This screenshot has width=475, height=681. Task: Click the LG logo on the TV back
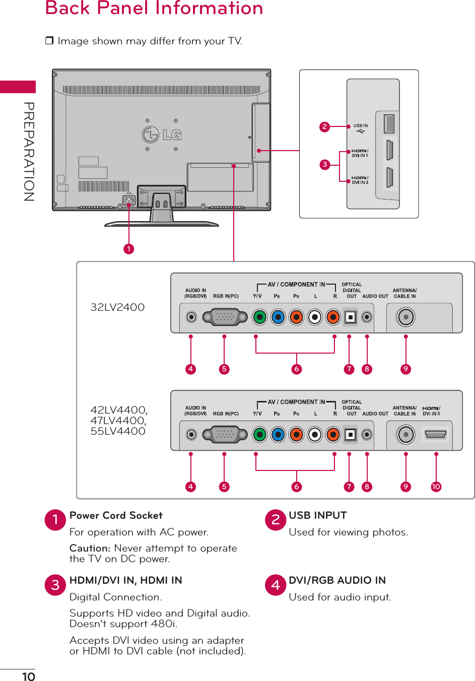162,134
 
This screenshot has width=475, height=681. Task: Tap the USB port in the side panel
389,124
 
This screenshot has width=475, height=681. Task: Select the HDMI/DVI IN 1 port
389,150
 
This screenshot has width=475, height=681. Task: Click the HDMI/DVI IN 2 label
360,180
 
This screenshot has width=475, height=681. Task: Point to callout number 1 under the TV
129,249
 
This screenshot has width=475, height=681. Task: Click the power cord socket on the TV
129,200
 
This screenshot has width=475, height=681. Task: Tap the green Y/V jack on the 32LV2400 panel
259,317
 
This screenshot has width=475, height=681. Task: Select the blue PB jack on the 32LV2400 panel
278,317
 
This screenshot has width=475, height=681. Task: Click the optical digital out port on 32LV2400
351,317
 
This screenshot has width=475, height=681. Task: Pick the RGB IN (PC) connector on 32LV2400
225,317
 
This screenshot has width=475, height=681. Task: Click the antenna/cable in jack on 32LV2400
405,317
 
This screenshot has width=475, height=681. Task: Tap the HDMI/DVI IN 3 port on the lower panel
436,434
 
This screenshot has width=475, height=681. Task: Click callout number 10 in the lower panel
436,487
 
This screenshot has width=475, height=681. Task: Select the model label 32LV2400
117,307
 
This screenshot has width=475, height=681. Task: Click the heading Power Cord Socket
116,515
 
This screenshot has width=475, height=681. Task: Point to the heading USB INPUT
318,515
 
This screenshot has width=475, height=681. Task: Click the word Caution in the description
90,548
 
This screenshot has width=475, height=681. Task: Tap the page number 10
29,676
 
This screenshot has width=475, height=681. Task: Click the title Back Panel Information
154,9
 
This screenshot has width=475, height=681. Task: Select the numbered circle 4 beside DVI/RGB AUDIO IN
276,585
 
